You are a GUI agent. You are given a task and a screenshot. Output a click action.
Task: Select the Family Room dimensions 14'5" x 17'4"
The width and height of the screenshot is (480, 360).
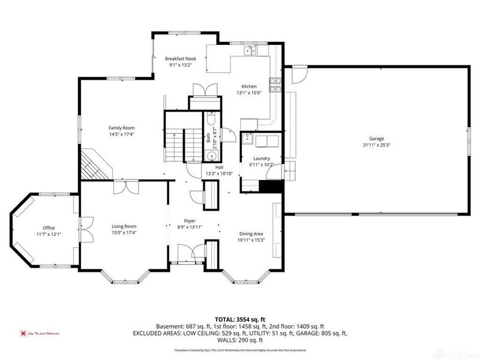[x=121, y=135]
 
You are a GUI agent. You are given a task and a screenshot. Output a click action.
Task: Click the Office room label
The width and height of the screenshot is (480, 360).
[x=49, y=228]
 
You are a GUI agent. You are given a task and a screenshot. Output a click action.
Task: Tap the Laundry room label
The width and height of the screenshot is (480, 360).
[x=261, y=158]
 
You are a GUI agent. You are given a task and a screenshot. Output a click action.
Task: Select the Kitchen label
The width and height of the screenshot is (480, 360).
[x=249, y=86]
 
